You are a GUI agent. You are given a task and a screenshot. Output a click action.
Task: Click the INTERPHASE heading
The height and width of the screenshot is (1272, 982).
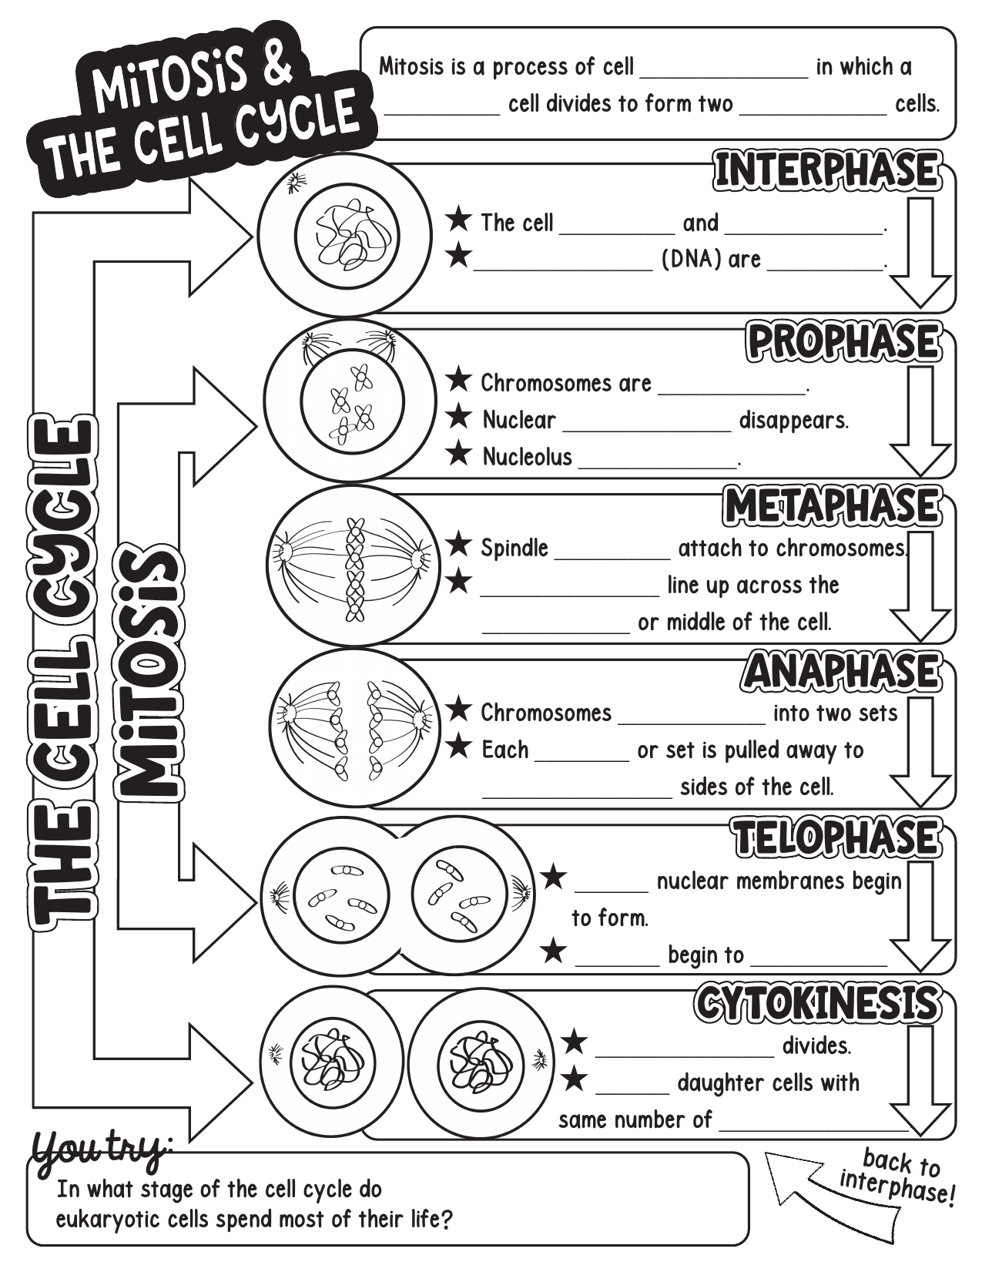click(827, 170)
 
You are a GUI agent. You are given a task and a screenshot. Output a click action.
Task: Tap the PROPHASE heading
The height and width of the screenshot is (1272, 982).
click(843, 342)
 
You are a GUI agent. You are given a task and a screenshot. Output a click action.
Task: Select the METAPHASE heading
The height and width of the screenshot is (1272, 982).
click(833, 506)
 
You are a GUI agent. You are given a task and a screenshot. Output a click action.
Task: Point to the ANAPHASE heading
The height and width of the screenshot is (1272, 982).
click(842, 671)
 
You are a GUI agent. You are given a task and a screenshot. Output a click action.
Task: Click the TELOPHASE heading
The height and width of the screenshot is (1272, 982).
click(836, 837)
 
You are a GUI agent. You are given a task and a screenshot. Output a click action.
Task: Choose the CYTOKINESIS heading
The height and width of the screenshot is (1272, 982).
click(818, 1002)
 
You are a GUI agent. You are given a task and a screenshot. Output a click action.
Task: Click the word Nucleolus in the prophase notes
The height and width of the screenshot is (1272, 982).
click(527, 457)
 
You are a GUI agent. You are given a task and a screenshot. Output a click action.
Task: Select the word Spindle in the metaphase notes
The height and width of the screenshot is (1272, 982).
click(514, 549)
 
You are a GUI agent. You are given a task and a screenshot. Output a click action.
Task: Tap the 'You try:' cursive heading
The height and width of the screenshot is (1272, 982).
click(100, 1148)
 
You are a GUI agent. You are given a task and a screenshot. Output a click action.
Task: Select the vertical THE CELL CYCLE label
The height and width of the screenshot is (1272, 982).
click(62, 670)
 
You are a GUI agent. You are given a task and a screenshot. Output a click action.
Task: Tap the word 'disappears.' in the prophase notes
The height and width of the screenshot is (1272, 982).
click(793, 421)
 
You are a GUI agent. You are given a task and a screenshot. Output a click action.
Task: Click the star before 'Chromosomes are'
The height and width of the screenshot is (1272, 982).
click(459, 380)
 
